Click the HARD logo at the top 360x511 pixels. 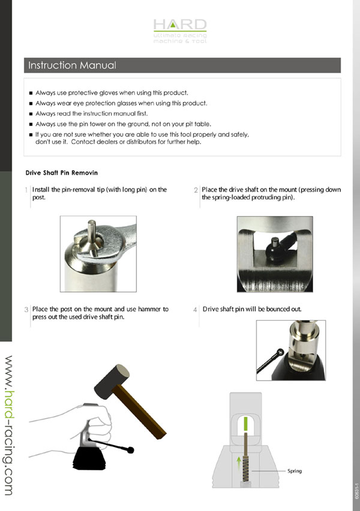pyautogui.click(x=180, y=31)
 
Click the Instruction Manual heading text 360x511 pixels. pyautogui.click(x=72, y=65)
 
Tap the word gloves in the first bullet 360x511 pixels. pyautogui.click(x=107, y=93)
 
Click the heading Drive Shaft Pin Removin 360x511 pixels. pyautogui.click(x=62, y=173)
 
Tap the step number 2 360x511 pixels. pyautogui.click(x=196, y=190)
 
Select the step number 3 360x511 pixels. pyautogui.click(x=26, y=310)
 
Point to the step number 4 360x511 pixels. pyautogui.click(x=195, y=310)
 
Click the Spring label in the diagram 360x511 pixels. pyautogui.click(x=295, y=471)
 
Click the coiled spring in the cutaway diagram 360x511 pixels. pyautogui.click(x=247, y=470)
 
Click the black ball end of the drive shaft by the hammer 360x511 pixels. pyautogui.click(x=131, y=450)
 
